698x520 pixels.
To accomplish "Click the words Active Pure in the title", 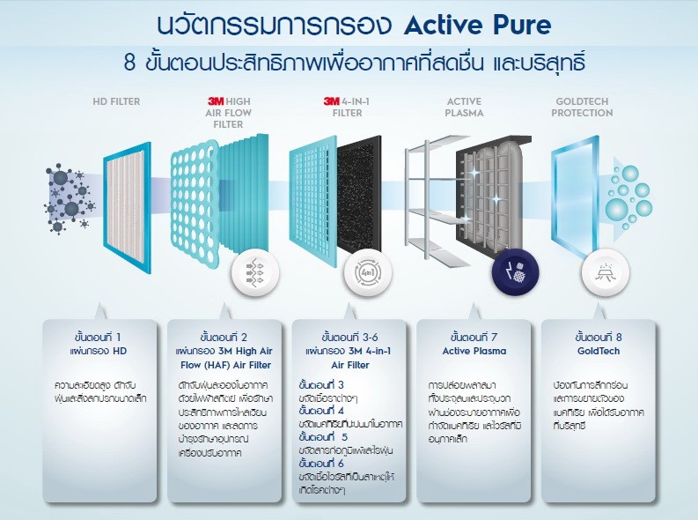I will point(477,24).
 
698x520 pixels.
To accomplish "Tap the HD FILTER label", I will point(116,101).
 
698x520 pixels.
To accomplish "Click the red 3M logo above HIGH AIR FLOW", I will point(215,101).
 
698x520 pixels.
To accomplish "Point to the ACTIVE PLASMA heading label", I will point(465,107).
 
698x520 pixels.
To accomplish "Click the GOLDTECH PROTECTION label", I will point(584,107).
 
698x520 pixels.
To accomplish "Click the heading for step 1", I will point(99,337).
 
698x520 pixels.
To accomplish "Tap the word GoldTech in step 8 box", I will point(599,351).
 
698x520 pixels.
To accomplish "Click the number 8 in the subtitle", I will point(130,64).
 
